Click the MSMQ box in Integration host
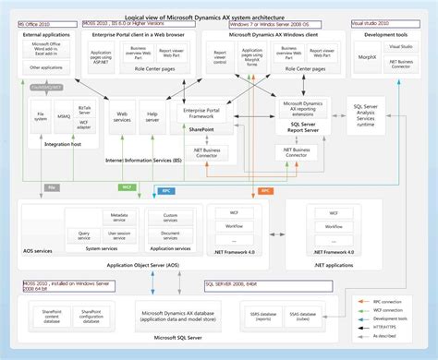click(x=62, y=116)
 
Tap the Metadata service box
click(x=118, y=217)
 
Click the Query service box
click(x=91, y=235)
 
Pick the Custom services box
click(x=169, y=219)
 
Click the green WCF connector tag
click(x=127, y=186)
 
